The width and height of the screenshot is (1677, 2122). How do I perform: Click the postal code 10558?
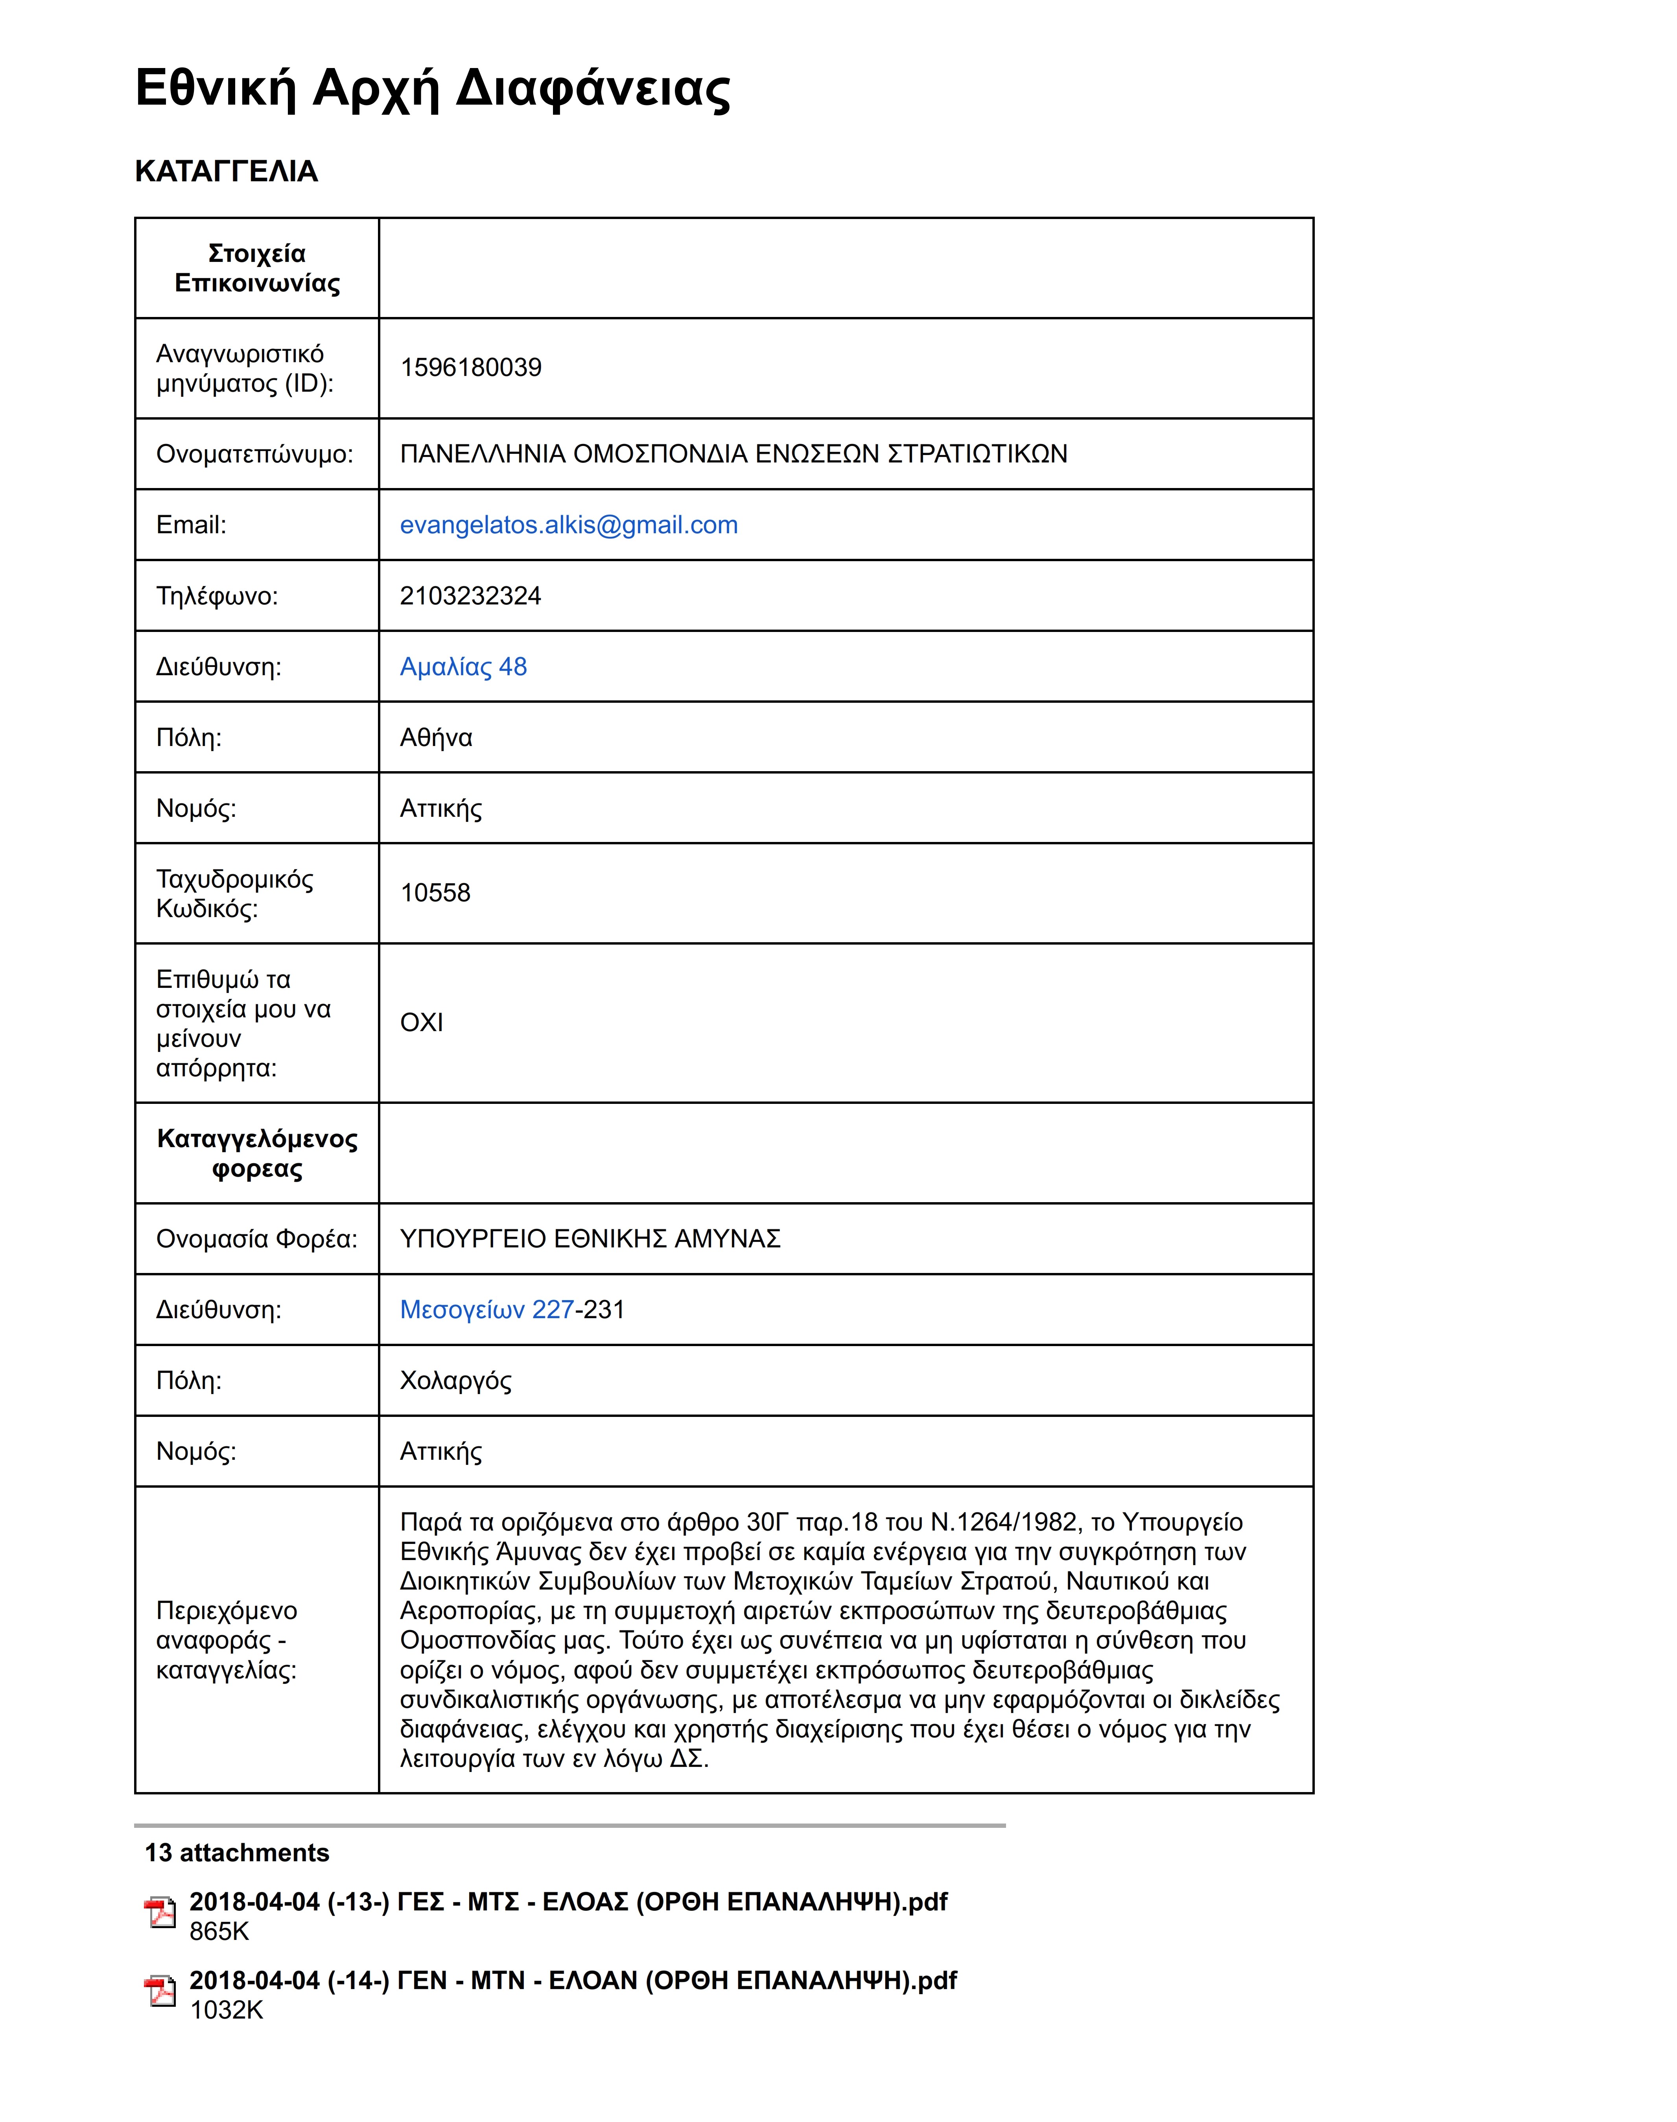435,893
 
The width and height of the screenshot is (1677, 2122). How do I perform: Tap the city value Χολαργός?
455,1381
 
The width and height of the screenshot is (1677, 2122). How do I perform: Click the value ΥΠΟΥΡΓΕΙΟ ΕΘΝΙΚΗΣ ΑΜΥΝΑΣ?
590,1239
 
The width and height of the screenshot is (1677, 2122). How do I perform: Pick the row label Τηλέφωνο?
217,596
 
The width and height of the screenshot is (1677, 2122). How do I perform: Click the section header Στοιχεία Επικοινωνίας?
257,268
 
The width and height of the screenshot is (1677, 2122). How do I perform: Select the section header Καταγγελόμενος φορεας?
257,1153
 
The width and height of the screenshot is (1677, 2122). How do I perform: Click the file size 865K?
219,1932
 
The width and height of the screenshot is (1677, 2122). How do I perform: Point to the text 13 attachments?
237,1853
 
